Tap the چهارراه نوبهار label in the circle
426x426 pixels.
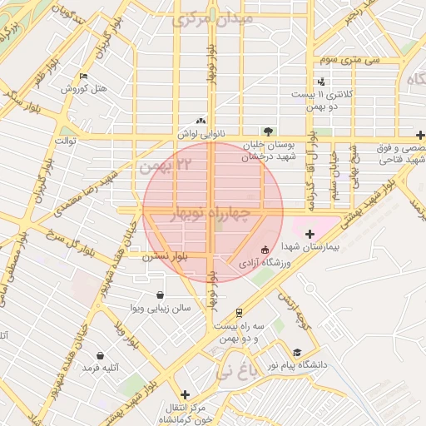(209, 215)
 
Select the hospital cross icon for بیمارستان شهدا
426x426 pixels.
(311, 234)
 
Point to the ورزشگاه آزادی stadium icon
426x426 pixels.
(265, 250)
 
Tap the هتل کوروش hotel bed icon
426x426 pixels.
(83, 77)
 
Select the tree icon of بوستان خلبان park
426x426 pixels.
(268, 131)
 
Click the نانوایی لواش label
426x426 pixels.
(197, 133)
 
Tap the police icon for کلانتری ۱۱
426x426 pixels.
(322, 82)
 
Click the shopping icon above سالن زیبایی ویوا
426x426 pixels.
(160, 295)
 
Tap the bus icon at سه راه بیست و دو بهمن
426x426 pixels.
(239, 314)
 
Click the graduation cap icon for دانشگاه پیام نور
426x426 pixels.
(298, 353)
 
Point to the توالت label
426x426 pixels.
(66, 141)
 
